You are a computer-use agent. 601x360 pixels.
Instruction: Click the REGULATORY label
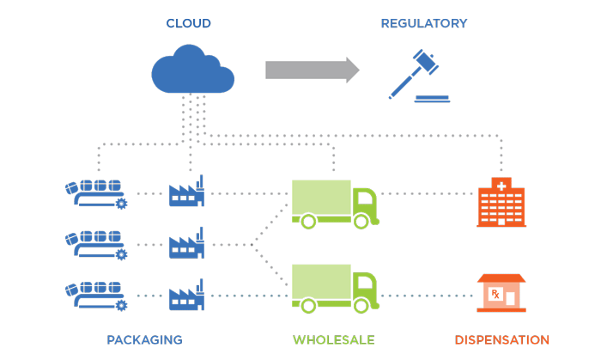pyautogui.click(x=424, y=23)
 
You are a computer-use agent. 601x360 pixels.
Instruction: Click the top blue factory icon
pyautogui.click(x=186, y=192)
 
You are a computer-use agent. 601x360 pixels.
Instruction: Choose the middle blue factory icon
pyautogui.click(x=186, y=244)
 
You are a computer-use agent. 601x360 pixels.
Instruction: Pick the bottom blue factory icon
pyautogui.click(x=186, y=295)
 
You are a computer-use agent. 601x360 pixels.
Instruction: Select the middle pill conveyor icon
pyautogui.click(x=95, y=245)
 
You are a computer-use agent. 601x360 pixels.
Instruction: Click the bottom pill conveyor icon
pyautogui.click(x=95, y=295)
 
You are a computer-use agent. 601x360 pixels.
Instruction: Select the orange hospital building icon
pyautogui.click(x=501, y=203)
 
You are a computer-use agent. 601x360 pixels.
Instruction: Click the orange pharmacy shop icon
pyautogui.click(x=501, y=292)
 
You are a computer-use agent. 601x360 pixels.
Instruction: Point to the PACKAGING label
pyautogui.click(x=144, y=339)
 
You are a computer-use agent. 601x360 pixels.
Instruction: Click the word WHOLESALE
pyautogui.click(x=334, y=339)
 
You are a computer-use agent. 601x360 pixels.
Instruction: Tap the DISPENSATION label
pyautogui.click(x=501, y=339)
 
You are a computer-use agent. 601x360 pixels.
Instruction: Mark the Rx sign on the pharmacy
pyautogui.click(x=495, y=296)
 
